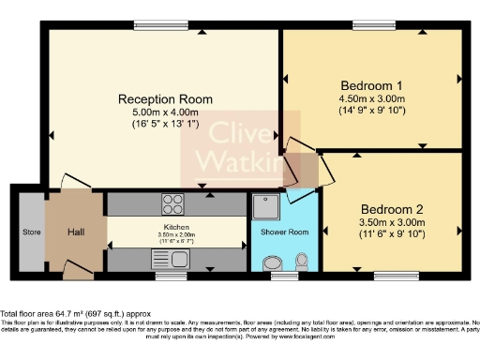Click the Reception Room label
(x=165, y=98)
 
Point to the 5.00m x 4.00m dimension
(x=165, y=115)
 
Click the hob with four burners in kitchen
(x=173, y=202)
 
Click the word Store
(x=32, y=232)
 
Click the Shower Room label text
(x=284, y=232)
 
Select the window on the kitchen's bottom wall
(x=170, y=276)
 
